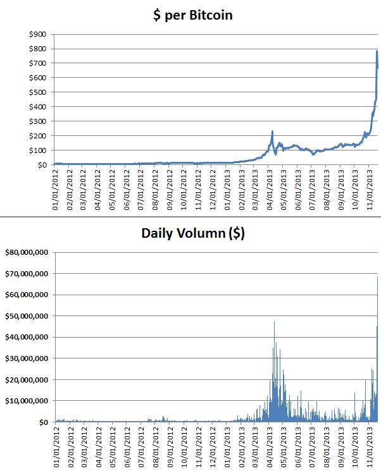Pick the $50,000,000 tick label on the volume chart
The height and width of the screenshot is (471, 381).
(27, 316)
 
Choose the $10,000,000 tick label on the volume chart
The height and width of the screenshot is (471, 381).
(27, 401)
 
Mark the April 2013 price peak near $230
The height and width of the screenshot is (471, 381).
(272, 132)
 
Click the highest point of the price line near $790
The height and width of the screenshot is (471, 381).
(377, 51)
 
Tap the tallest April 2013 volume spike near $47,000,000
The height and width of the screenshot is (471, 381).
(274, 322)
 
